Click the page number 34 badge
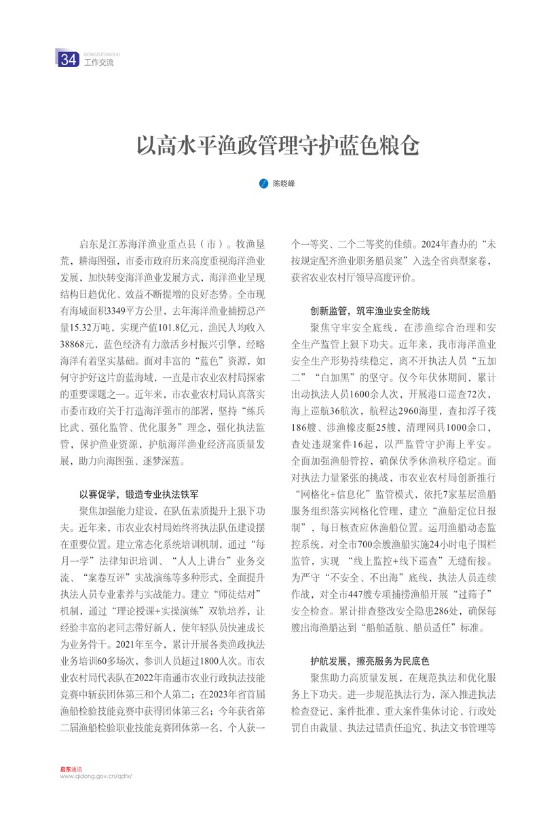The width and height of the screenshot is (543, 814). pos(69,60)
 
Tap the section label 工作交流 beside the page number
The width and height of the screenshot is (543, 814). pos(98,63)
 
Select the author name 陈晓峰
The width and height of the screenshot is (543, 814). pos(284,183)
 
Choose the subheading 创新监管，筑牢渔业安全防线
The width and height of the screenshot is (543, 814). pos(360,311)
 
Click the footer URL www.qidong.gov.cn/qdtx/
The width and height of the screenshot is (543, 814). pos(96,776)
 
